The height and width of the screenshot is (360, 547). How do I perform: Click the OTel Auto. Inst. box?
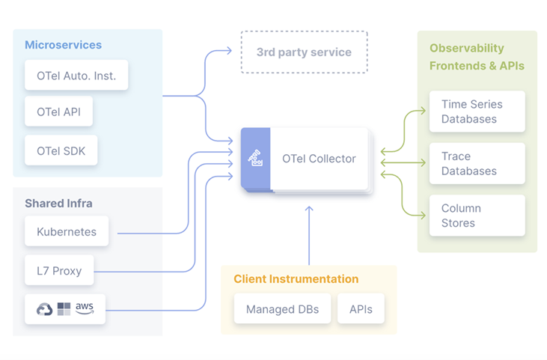(76, 76)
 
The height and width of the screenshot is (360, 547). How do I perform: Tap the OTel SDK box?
(61, 150)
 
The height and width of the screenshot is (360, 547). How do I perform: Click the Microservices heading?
(63, 45)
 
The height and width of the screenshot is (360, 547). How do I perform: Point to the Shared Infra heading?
(58, 204)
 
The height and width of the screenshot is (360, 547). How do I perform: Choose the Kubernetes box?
(66, 232)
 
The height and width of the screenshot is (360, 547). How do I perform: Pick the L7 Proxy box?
(59, 270)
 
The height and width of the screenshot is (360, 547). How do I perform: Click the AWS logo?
(85, 308)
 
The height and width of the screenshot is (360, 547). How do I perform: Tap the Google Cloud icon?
(44, 308)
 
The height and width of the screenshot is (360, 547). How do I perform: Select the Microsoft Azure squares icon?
(64, 308)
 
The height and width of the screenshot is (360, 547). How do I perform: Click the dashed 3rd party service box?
(304, 52)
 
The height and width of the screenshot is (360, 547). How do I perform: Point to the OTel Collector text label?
(319, 159)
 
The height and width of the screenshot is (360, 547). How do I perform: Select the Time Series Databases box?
(477, 112)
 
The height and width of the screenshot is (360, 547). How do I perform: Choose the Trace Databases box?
(477, 164)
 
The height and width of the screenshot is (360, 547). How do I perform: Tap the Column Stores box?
(477, 216)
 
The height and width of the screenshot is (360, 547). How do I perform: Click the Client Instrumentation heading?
(296, 279)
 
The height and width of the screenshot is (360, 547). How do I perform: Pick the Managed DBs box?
(282, 309)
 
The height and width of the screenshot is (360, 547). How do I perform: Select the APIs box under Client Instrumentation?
(361, 309)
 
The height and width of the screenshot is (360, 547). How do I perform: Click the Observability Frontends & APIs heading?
(477, 57)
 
